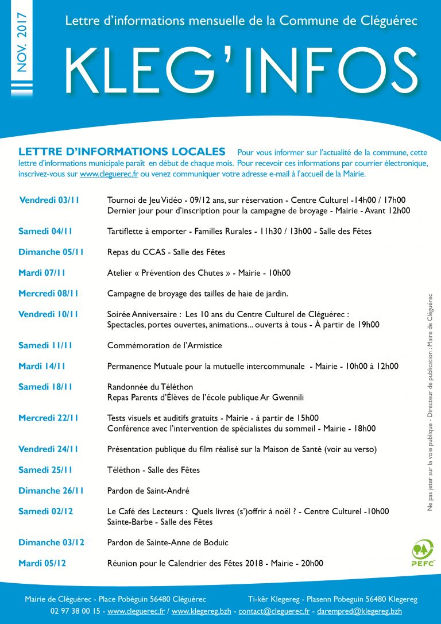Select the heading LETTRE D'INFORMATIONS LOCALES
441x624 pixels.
point(122,152)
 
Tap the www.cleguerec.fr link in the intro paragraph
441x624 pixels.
point(109,174)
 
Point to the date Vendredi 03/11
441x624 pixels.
point(49,201)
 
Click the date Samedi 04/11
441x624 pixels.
point(47,232)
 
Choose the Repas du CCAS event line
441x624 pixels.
point(166,252)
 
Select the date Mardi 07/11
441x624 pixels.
point(42,273)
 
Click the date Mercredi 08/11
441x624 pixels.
point(48,294)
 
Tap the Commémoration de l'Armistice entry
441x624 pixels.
point(164,346)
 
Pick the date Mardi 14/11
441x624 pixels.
point(42,367)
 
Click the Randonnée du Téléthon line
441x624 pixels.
point(150,387)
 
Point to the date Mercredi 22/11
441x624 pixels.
point(48,418)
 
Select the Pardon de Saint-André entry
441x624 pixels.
point(148,491)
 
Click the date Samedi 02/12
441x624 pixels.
point(45,511)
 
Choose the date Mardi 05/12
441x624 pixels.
point(42,563)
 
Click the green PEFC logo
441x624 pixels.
point(423,552)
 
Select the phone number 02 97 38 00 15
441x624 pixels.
point(76,611)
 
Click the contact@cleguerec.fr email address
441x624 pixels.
point(274,611)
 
